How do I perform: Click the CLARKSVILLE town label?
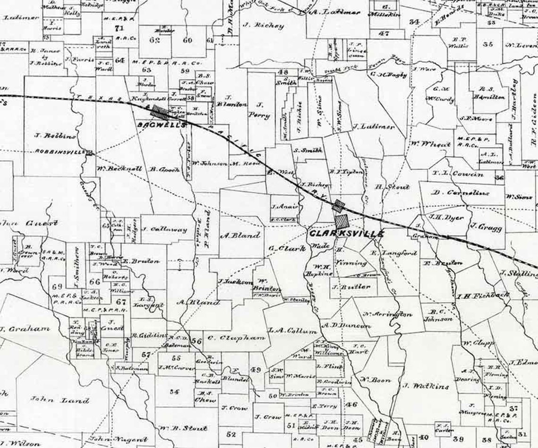tap(346, 233)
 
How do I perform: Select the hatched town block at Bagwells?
tap(160, 112)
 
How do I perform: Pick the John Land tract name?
tap(60, 400)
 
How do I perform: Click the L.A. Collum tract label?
tap(292, 331)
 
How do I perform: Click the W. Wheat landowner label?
tap(430, 144)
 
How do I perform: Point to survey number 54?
tap(174, 391)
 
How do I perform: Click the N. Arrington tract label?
tap(387, 314)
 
